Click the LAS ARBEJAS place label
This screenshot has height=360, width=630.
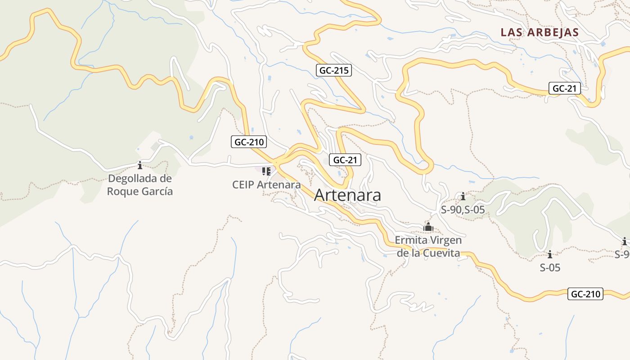click(x=540, y=32)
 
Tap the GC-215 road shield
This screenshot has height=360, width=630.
click(x=333, y=70)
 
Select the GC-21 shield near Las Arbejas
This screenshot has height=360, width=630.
click(x=564, y=88)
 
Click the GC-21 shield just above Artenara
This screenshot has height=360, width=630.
click(x=345, y=160)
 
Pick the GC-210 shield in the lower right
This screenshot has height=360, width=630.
click(x=585, y=294)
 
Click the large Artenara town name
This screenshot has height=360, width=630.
click(x=347, y=195)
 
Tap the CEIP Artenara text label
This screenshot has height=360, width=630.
click(x=266, y=184)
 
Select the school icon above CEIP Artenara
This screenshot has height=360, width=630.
click(x=266, y=171)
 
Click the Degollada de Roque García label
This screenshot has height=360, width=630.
click(x=140, y=184)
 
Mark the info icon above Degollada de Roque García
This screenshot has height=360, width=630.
click(x=140, y=165)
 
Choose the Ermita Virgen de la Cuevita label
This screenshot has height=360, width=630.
click(x=428, y=246)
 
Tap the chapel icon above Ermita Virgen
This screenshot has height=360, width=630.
click(x=428, y=227)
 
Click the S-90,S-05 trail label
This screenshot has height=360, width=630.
click(x=463, y=209)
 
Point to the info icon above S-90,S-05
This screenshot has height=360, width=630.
click(x=463, y=196)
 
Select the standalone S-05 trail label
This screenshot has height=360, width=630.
click(x=550, y=268)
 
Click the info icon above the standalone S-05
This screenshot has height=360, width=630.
click(x=549, y=254)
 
